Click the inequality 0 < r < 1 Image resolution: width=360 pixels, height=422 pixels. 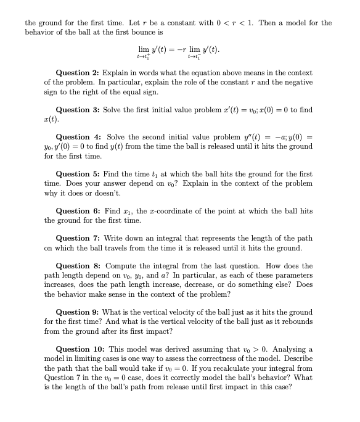[x=231, y=23]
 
